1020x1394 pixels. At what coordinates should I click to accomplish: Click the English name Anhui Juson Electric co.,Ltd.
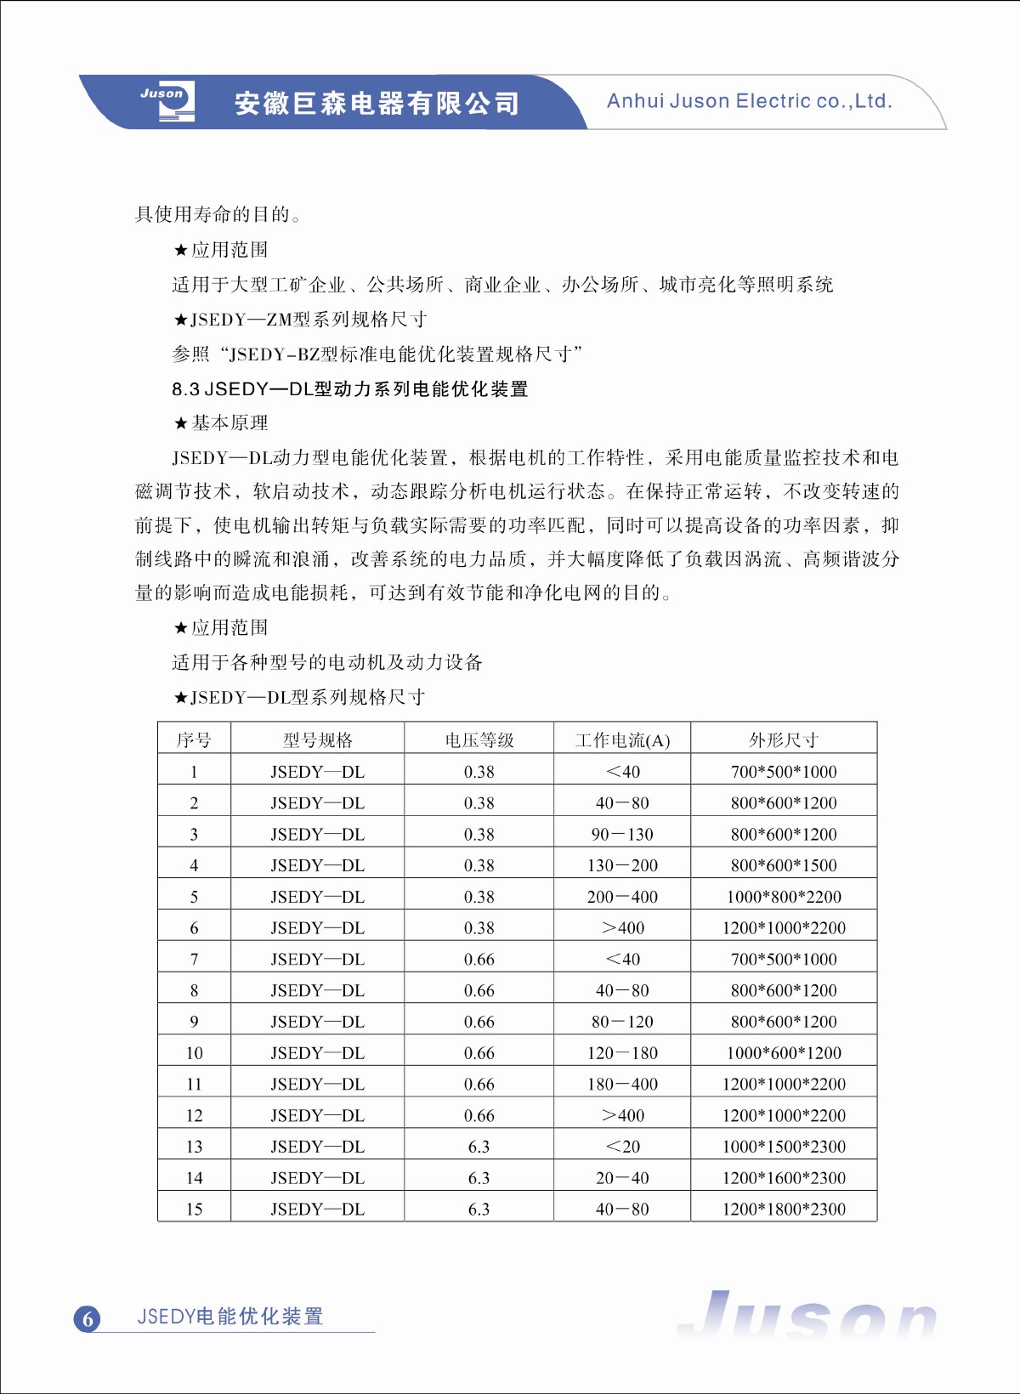point(749,101)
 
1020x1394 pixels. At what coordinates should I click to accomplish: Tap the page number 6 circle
point(88,1318)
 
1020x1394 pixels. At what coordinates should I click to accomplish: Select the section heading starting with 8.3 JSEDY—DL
point(349,389)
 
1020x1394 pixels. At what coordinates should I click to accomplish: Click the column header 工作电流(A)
point(622,740)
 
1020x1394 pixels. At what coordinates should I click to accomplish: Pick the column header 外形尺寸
point(784,740)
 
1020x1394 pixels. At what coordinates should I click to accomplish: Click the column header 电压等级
point(479,740)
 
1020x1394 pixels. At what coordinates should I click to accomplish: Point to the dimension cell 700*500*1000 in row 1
point(784,772)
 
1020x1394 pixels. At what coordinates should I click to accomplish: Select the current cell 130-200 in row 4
point(622,865)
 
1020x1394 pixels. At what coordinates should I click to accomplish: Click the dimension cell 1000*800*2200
point(784,897)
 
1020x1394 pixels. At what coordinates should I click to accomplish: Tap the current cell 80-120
point(622,1022)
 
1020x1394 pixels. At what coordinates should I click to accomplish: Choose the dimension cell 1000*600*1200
point(784,1053)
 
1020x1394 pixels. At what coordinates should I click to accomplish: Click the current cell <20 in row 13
point(622,1147)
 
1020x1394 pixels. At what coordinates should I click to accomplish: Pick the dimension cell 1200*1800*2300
point(784,1210)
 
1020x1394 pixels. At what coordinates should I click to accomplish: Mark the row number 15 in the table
point(194,1210)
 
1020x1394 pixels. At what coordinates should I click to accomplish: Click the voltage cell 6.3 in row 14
point(479,1178)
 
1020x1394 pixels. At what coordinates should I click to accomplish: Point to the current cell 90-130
point(622,835)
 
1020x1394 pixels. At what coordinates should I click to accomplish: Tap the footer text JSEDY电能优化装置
point(230,1317)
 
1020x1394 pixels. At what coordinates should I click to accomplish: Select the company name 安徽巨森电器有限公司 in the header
point(377,104)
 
